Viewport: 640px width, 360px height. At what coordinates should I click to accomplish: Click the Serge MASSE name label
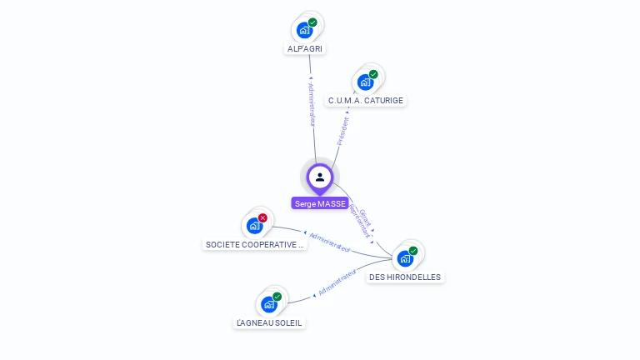(x=320, y=203)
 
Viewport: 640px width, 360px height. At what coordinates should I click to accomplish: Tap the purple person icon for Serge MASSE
(x=320, y=177)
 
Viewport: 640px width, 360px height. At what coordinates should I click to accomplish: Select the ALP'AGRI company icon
(x=305, y=30)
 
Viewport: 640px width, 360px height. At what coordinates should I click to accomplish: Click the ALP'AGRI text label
(x=305, y=48)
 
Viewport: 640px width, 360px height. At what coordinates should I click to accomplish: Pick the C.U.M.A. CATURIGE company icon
(x=365, y=82)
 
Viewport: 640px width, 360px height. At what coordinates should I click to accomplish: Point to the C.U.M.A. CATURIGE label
(x=366, y=101)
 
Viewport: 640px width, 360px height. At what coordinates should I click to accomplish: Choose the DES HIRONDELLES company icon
(x=405, y=258)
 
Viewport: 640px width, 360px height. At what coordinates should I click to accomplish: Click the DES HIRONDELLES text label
(x=405, y=277)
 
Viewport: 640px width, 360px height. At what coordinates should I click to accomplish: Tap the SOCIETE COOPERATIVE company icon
(x=254, y=226)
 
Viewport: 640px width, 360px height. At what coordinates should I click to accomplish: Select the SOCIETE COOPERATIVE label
(x=254, y=245)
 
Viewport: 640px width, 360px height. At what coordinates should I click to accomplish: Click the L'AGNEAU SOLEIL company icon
(x=269, y=303)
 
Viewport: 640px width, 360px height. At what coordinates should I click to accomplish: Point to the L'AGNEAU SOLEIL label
(x=269, y=322)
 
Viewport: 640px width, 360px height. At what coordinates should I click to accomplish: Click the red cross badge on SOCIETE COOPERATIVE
(x=262, y=217)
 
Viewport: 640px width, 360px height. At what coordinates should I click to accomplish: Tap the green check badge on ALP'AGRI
(x=312, y=22)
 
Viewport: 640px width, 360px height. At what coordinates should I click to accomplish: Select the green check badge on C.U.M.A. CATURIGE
(x=373, y=74)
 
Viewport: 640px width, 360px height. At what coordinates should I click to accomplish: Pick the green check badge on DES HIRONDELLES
(x=413, y=251)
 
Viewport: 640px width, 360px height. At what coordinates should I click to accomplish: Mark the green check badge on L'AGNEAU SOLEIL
(x=277, y=296)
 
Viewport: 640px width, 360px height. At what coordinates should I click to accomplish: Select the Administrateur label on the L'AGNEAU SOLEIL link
(x=337, y=282)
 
